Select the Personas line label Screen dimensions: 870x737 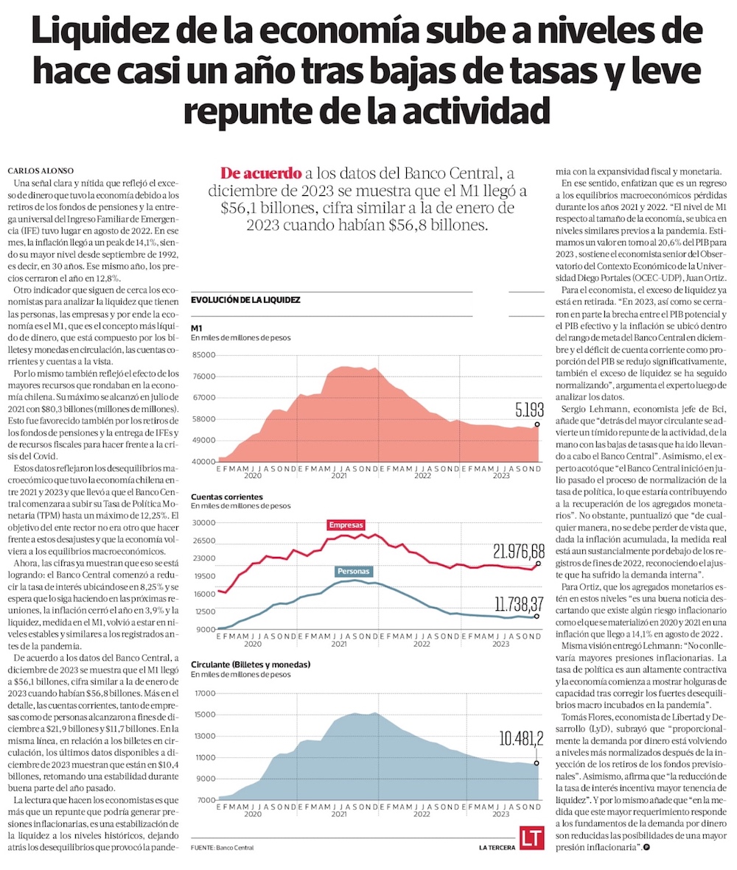coord(354,571)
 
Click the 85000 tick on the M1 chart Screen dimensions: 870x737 coord(203,355)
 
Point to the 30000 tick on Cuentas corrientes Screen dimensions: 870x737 coord(203,523)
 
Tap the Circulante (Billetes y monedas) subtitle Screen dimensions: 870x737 coord(251,664)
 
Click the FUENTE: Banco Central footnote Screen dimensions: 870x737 coord(222,848)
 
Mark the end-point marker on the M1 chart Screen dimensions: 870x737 coord(537,424)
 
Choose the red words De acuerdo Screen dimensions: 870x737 coord(262,174)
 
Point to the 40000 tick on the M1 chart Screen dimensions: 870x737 coord(203,462)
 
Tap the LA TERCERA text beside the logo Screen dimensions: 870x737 coord(496,848)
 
